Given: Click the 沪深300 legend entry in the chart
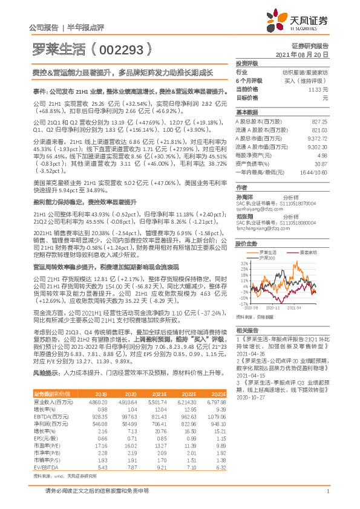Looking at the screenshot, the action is [x=267, y=258].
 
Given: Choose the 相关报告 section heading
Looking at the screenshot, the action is [x=247, y=329].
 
